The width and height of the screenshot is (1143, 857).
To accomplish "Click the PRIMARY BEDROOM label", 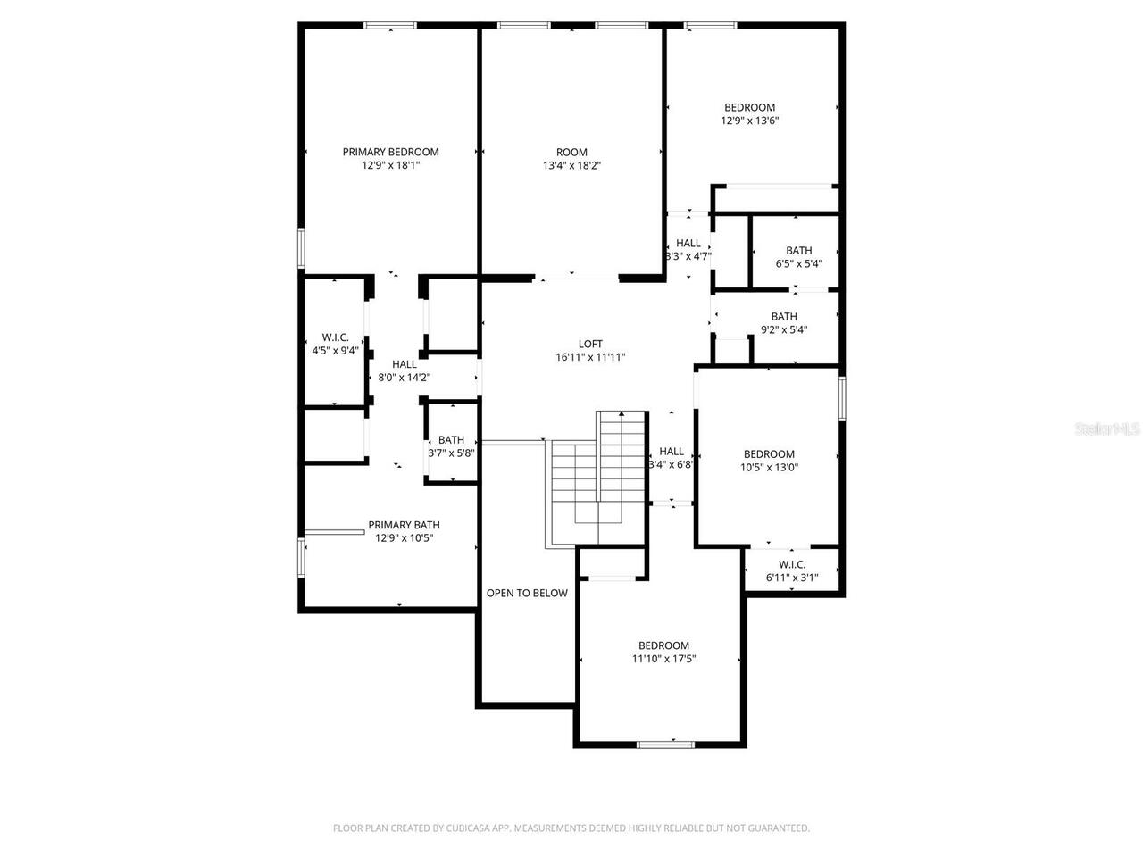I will coord(390,152).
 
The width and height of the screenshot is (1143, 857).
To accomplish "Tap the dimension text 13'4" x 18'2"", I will coord(571,165).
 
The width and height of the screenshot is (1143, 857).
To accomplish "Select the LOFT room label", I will coord(590,344).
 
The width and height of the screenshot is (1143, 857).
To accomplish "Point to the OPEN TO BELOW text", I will coord(527,593).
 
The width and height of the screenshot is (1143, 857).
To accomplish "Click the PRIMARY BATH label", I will coord(404,525).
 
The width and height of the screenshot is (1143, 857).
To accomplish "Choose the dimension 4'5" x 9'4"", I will coord(335,351).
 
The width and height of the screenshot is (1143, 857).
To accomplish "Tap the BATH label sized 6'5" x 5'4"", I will coord(799,251).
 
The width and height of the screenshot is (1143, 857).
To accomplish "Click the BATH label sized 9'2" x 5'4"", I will coord(784,317).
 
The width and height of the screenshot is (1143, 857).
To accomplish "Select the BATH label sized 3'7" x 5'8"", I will coord(451,440).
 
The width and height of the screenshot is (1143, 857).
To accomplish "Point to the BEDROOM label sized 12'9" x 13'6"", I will coord(749,107).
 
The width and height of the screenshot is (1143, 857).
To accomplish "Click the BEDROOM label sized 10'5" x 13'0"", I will coord(769,453).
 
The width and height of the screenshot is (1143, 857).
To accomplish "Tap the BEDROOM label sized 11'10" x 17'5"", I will coord(663,645).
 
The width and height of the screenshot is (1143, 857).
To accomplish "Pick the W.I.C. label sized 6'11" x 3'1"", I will coord(792,564).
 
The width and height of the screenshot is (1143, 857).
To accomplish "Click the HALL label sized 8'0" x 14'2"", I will coord(405,364).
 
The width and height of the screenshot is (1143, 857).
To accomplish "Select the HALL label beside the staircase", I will coord(672,452).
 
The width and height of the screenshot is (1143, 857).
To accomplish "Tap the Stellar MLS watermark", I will coord(1107,429).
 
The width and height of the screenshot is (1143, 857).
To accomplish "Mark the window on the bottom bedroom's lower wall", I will coord(666,744).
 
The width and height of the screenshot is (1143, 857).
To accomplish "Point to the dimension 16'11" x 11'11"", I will coord(590,357).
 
